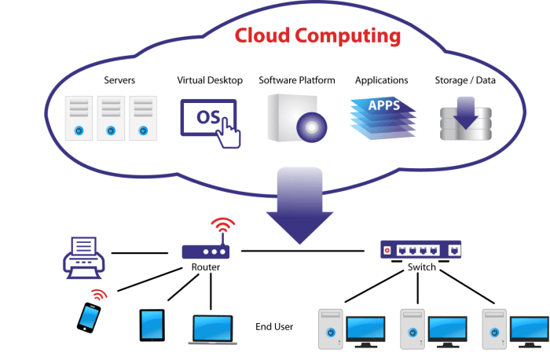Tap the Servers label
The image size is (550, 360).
coord(119,80)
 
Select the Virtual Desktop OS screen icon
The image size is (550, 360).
coord(209,119)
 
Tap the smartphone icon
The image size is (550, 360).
coord(89,316)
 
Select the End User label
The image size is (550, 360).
coord(274,325)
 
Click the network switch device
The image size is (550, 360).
coord(421,249)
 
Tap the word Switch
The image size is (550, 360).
coord(422,267)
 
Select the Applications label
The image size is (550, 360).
coord(381,80)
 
